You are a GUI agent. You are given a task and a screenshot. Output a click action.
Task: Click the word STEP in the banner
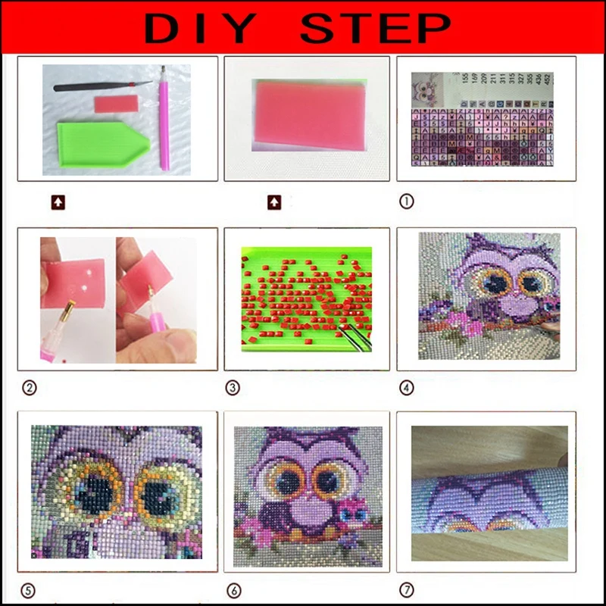[376, 29]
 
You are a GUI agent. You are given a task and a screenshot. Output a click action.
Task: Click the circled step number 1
[407, 201]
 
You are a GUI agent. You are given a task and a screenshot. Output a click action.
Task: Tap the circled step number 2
[30, 388]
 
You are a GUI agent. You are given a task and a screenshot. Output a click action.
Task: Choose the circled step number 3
[233, 388]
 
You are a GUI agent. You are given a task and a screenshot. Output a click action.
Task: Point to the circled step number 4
[407, 388]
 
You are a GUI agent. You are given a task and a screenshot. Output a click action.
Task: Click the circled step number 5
[30, 589]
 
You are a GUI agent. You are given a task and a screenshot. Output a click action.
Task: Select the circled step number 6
[233, 589]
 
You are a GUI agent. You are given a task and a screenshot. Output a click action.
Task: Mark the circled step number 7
[407, 589]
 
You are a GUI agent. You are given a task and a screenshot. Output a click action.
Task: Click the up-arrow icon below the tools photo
[58, 201]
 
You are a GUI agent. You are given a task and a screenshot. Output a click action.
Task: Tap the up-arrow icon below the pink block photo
[273, 201]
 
